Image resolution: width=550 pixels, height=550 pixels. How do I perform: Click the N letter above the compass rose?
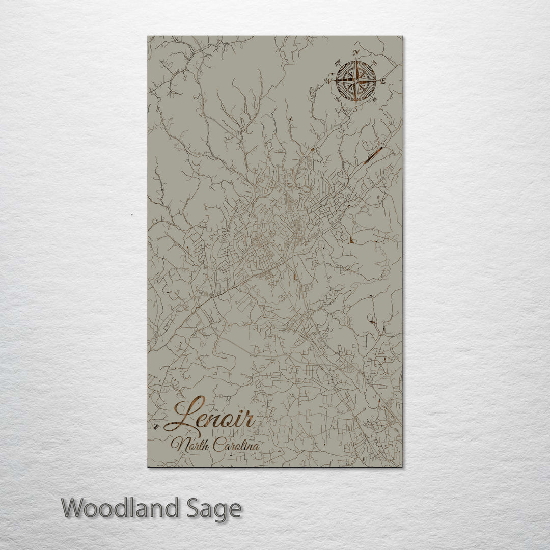356,53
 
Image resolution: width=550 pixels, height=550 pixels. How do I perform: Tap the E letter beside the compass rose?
383,81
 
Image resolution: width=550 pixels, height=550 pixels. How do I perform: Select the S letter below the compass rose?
355,108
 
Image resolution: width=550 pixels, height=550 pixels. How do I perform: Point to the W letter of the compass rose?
328,80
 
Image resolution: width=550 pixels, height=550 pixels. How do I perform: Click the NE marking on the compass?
375,63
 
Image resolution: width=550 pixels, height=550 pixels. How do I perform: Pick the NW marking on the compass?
337,63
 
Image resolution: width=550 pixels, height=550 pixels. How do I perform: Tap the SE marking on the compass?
375,99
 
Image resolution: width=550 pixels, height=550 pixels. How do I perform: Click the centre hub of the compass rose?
356,80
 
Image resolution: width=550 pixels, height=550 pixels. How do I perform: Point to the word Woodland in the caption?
121,508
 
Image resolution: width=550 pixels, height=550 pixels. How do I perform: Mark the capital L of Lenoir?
186,415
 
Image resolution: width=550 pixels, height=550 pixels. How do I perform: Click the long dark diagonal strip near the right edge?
373,154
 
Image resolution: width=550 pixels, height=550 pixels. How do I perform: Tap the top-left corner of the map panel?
148,36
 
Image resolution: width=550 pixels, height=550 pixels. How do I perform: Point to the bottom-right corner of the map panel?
401,466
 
